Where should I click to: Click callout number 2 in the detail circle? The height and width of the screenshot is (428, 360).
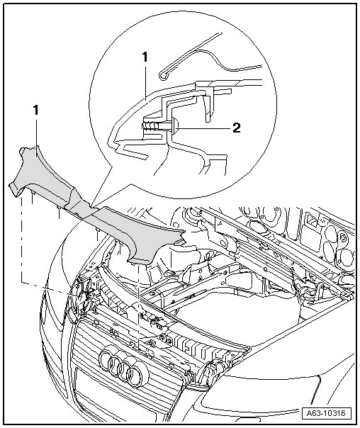point(237,128)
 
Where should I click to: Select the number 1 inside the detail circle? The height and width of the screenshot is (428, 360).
point(145,57)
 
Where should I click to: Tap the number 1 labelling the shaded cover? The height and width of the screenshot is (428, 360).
point(35,111)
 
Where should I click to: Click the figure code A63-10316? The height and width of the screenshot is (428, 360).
point(325,412)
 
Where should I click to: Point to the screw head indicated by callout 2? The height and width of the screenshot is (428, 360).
point(175,125)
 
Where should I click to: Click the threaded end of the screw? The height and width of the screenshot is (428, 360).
point(149,126)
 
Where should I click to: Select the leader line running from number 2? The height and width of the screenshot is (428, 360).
point(205,128)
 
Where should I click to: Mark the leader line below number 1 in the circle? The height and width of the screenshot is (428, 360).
point(146,80)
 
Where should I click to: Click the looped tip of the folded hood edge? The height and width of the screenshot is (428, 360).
point(163,76)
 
